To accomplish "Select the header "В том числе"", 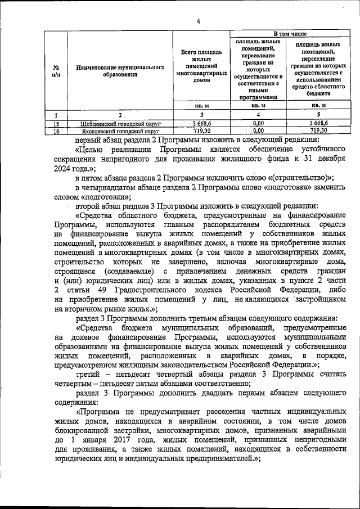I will (290, 35).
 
